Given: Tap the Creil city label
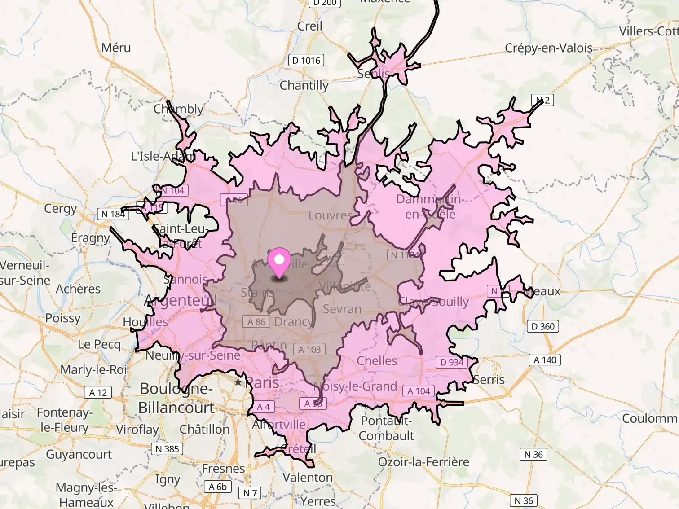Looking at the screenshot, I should click(x=309, y=26).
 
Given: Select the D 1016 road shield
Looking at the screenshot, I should click(x=306, y=61).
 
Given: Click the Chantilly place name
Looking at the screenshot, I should click(x=304, y=85).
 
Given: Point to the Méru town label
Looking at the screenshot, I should click(x=116, y=48).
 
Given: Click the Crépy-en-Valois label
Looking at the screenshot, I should click(x=548, y=48).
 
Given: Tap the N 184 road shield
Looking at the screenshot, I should click(x=113, y=214).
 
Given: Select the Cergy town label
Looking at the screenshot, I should click(x=60, y=209).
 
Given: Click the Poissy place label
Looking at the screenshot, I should click(x=63, y=318).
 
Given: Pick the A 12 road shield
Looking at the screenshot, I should click(x=98, y=393).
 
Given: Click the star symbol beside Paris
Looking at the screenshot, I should click(x=238, y=382).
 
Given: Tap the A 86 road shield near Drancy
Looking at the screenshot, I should click(x=256, y=322).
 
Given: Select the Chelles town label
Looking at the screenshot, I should click(x=377, y=361).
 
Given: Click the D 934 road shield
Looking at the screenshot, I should click(x=451, y=362).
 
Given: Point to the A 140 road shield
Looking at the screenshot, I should click(x=544, y=360).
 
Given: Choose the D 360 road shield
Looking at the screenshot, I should click(x=542, y=326).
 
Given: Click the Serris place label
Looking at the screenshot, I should click(x=489, y=380).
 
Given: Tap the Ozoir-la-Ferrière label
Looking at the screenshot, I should click(x=423, y=462).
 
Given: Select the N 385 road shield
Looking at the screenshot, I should click(x=167, y=449).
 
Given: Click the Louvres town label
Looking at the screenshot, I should click(x=330, y=215).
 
